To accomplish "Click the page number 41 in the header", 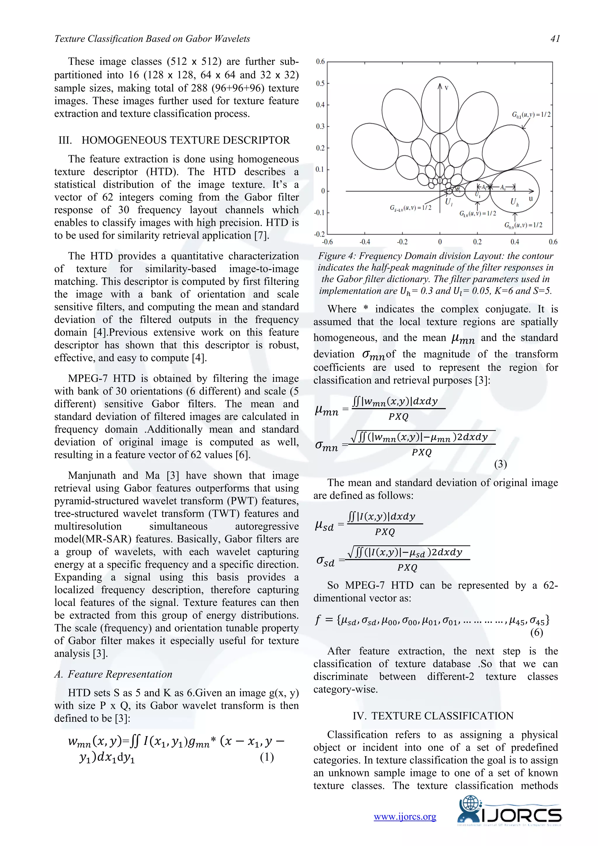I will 555,39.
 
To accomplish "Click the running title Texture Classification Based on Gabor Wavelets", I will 152,39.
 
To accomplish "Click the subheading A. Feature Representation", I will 113,674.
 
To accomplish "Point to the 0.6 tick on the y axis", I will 320,62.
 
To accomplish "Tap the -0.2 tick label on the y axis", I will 319,234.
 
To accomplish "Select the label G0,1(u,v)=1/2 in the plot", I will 531,115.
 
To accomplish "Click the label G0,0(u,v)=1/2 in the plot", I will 523,225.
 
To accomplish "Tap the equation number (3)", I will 500,464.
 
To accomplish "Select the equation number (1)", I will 267,757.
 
